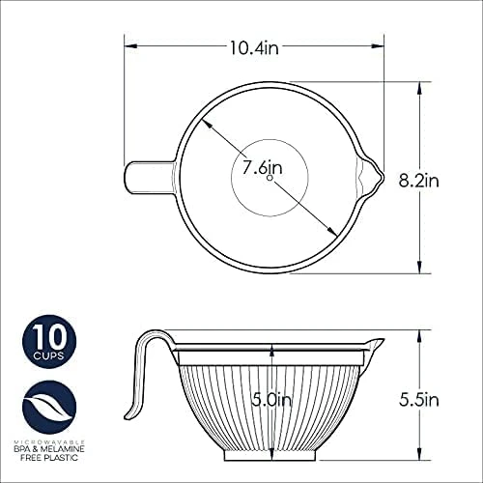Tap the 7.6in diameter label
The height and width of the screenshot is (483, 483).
click(257, 166)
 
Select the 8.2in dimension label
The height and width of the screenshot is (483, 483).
click(419, 179)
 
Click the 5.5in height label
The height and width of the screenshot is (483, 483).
click(419, 398)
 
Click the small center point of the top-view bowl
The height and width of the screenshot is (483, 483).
click(270, 178)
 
